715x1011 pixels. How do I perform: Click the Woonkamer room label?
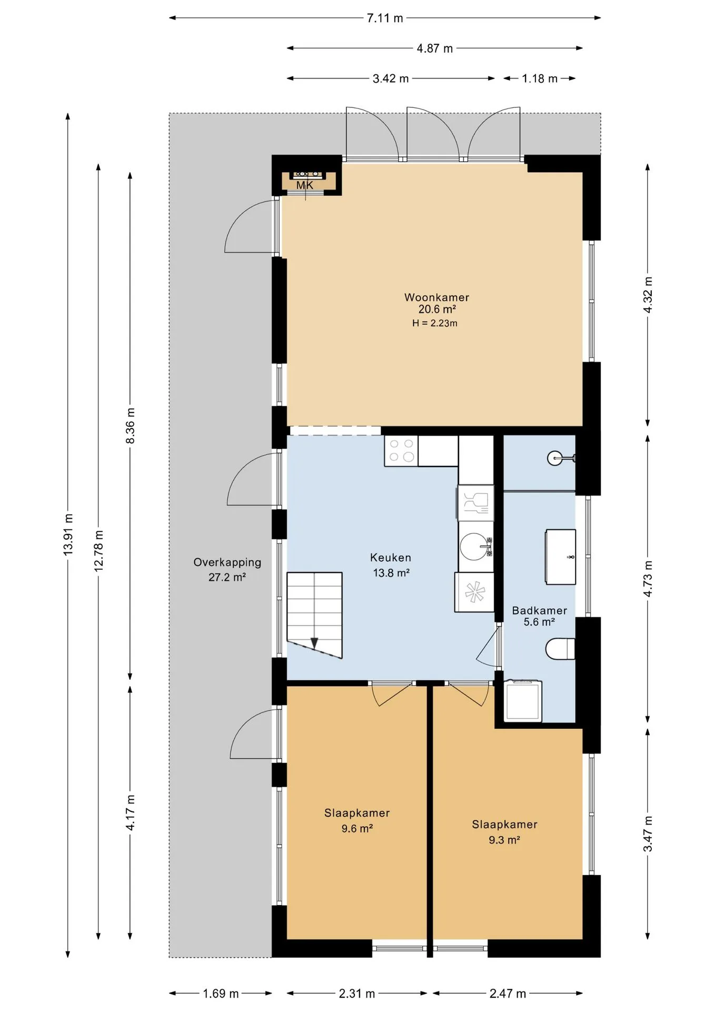click(x=436, y=298)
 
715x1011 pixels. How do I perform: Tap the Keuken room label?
click(x=391, y=558)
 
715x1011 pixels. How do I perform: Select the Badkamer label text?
click(x=539, y=611)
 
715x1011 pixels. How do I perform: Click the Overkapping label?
click(x=227, y=563)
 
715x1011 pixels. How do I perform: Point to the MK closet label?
click(x=305, y=185)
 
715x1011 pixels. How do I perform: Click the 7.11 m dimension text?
click(x=385, y=18)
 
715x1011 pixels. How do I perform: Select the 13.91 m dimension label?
click(x=68, y=534)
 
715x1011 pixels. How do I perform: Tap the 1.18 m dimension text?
click(x=540, y=79)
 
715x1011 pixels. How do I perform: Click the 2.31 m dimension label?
click(x=357, y=994)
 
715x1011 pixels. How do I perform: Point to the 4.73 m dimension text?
click(x=648, y=579)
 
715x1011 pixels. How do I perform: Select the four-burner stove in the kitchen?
click(x=401, y=451)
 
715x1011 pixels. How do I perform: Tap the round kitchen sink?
click(x=475, y=547)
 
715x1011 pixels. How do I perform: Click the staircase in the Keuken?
click(x=314, y=615)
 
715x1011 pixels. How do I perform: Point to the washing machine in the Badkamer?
click(x=523, y=701)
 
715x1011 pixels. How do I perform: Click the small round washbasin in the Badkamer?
click(x=556, y=459)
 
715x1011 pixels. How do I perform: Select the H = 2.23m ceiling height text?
click(x=435, y=323)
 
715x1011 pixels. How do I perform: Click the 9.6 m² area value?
click(x=357, y=829)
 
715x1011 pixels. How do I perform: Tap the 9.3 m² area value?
click(x=504, y=840)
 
